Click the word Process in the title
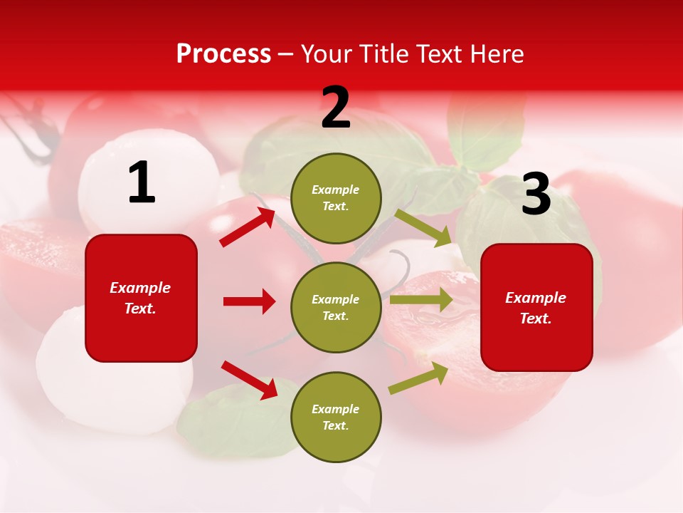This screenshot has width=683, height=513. coord(223,54)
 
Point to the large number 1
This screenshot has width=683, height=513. coord(142,183)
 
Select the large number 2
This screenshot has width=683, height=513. coord(336,108)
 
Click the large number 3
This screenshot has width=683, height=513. coord(536,195)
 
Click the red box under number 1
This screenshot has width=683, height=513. coord(141,298)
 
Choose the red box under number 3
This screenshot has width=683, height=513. coord(536,307)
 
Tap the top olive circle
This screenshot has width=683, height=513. coord(336,198)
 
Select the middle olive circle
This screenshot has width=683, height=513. coord(336,307)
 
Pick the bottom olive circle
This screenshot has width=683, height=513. coord(336,417)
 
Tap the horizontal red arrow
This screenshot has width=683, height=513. coord(249,301)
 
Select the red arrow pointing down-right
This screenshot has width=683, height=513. coord(249,380)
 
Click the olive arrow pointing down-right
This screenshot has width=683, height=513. coord(423,228)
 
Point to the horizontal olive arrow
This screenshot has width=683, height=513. coord(421,299)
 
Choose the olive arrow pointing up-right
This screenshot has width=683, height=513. coord(418,378)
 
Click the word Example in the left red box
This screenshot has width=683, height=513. coord(140,288)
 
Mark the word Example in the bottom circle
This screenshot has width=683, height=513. coord(336,409)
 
